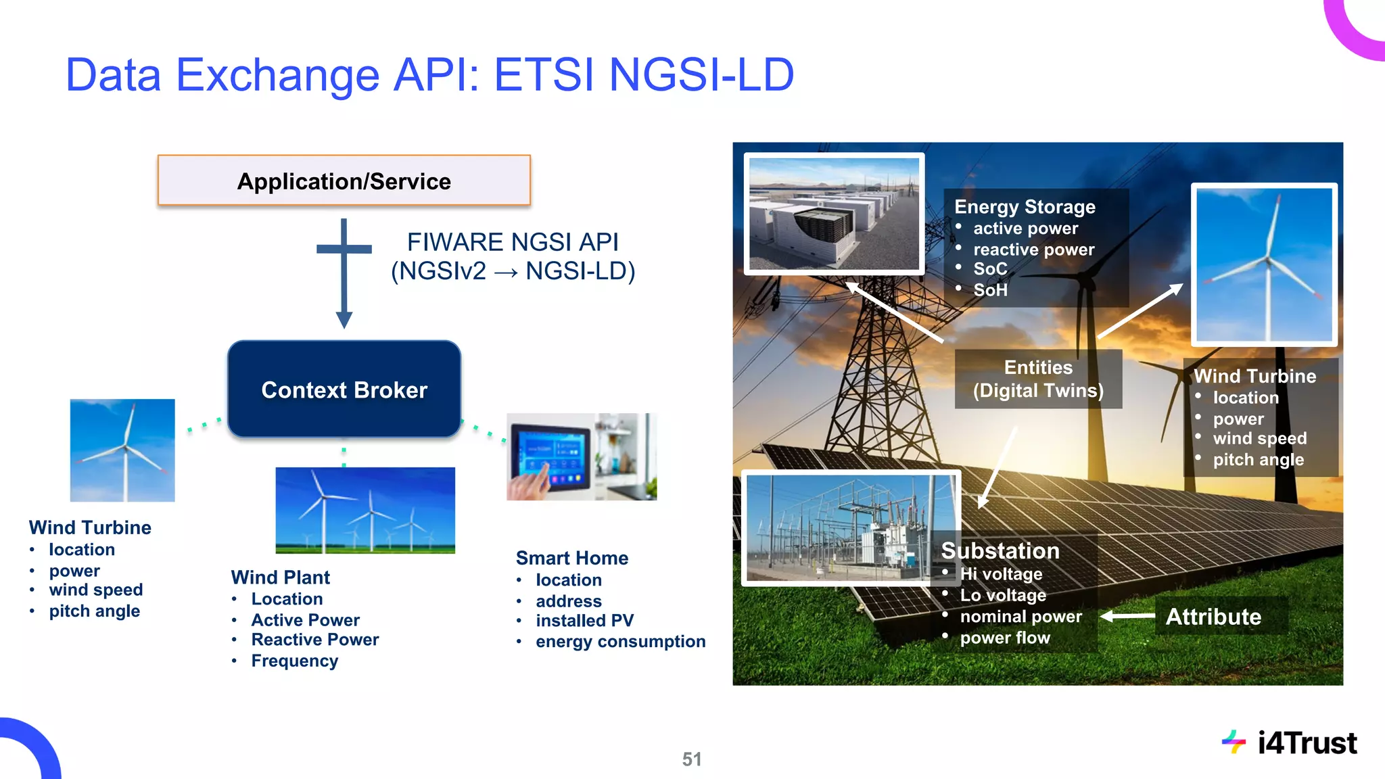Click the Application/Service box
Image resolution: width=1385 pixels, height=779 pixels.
point(344,181)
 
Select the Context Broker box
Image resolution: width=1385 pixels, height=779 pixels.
point(344,389)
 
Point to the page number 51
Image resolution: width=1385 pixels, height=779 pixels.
point(691,759)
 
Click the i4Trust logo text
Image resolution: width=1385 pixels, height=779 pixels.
point(1306,743)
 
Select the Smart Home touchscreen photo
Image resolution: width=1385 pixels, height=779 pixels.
point(581,456)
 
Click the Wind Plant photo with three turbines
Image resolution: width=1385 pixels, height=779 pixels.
point(365,510)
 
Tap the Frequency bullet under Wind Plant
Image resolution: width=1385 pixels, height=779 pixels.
point(294,661)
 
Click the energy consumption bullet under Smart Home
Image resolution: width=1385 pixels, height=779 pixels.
point(620,641)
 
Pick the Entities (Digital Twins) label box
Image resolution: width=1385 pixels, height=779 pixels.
point(1038,379)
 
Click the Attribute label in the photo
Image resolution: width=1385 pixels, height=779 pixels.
point(1213,616)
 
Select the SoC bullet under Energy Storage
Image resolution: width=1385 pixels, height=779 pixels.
point(990,269)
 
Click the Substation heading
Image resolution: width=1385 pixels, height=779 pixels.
point(1000,550)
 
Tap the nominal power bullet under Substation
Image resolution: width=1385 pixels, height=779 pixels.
point(1020,617)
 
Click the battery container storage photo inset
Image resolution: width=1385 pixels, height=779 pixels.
point(834,214)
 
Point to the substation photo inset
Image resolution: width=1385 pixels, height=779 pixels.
point(850,527)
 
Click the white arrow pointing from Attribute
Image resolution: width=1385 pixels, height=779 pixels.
point(1127,616)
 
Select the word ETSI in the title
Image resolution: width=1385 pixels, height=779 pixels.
point(545,74)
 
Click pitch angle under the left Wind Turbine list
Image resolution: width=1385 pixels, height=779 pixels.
point(94,611)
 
